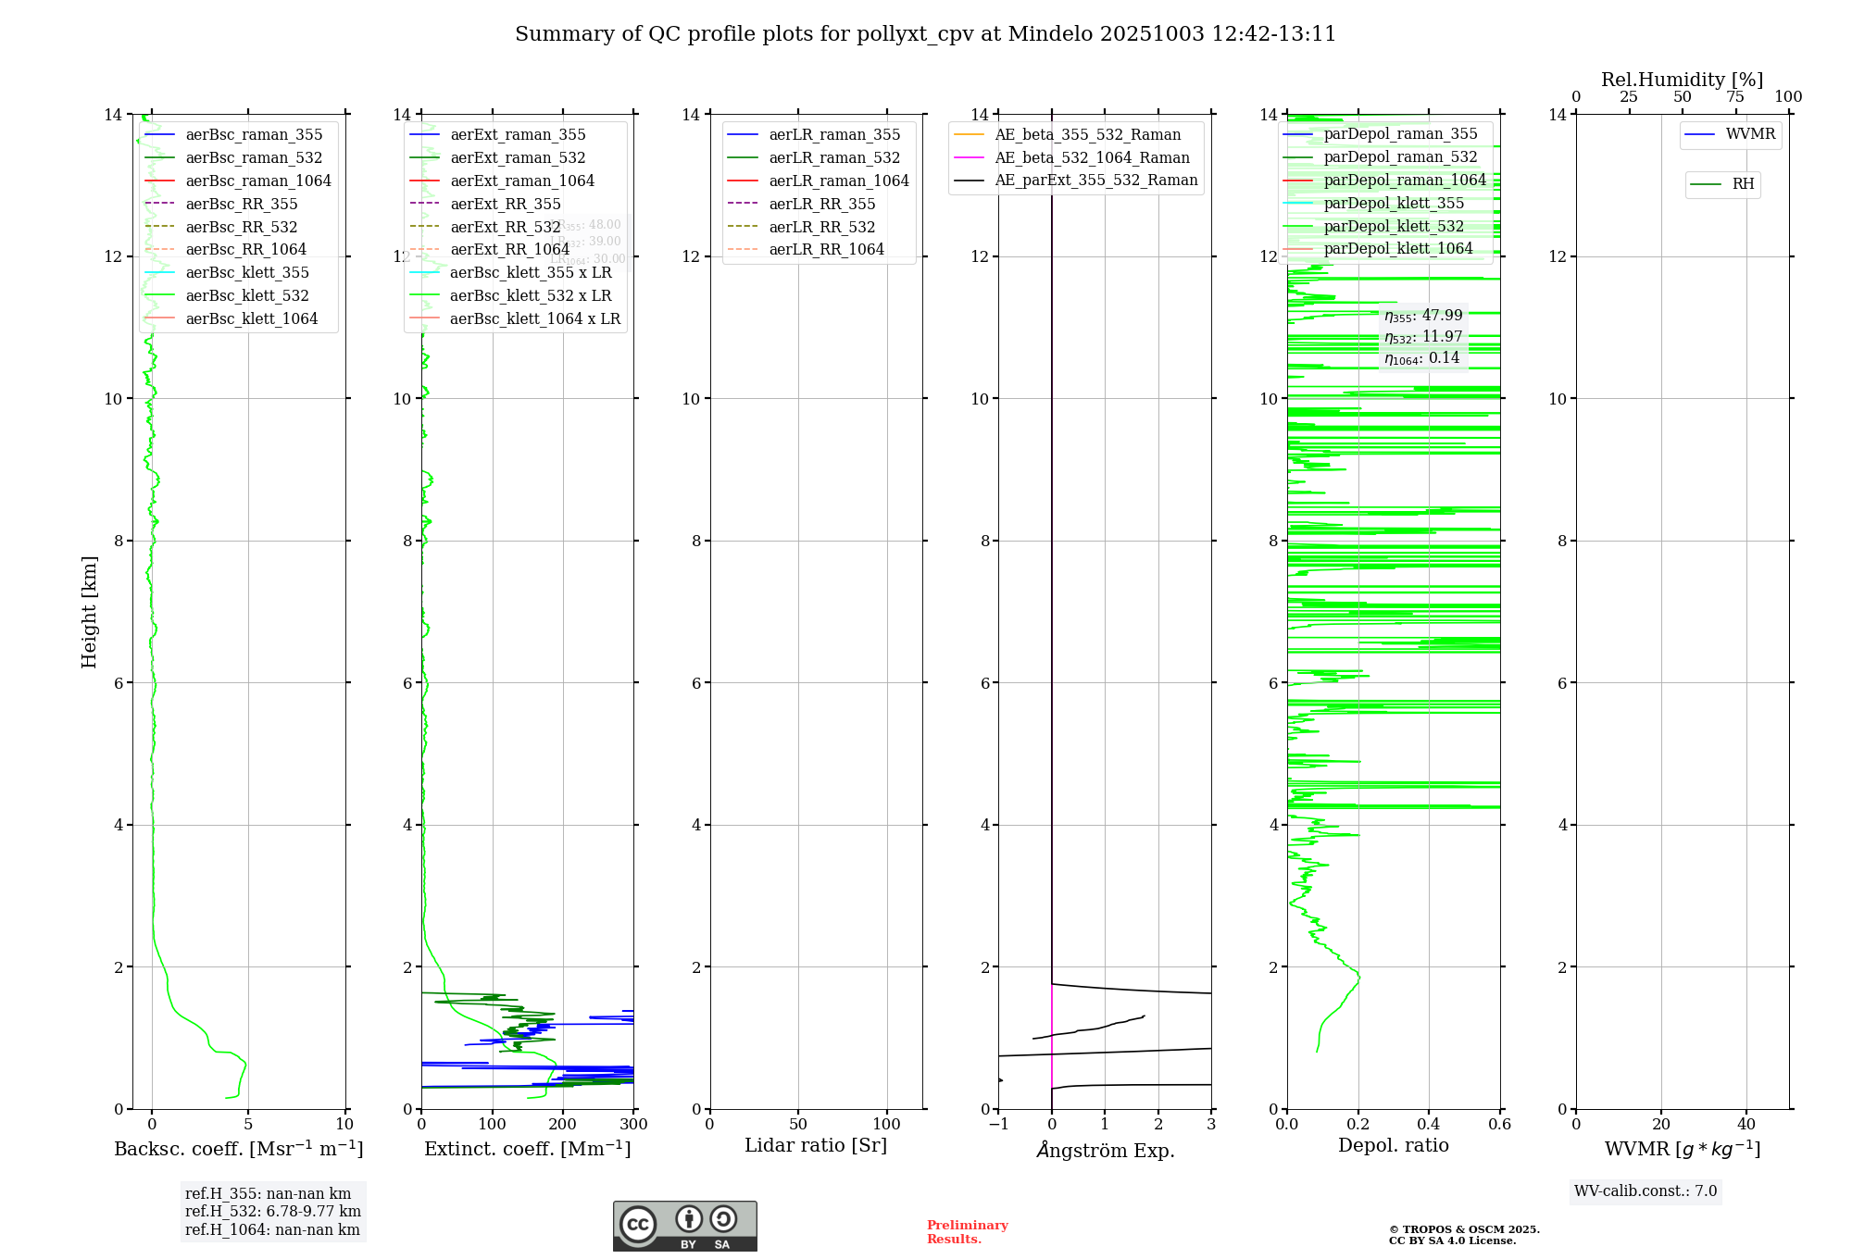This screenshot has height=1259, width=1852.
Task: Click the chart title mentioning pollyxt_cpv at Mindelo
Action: click(x=925, y=34)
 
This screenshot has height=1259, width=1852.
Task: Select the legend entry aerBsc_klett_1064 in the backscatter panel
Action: click(x=251, y=318)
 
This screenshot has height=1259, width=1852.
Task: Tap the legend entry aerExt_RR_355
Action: click(x=505, y=204)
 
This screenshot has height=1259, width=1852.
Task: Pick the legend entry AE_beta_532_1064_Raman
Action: click(x=1092, y=157)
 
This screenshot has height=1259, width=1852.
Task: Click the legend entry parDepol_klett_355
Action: click(x=1394, y=203)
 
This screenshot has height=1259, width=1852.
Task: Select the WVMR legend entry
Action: click(x=1749, y=134)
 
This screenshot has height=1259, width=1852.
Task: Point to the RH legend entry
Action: click(x=1743, y=184)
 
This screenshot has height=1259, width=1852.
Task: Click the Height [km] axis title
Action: click(x=89, y=611)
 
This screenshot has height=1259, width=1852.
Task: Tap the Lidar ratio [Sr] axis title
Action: click(x=816, y=1145)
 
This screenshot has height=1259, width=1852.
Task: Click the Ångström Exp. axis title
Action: click(x=1105, y=1150)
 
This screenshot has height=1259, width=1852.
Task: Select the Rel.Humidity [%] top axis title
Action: click(x=1682, y=80)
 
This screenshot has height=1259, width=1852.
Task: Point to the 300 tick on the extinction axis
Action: click(x=633, y=1125)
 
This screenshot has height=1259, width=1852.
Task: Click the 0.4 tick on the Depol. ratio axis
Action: click(x=1429, y=1125)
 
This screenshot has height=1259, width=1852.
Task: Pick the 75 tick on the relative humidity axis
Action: click(x=1735, y=97)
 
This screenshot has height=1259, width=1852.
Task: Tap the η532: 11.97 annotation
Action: click(x=1423, y=337)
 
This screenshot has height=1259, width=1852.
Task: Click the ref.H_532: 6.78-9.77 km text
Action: click(x=272, y=1211)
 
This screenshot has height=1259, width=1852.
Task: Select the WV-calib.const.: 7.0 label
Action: click(x=1646, y=1190)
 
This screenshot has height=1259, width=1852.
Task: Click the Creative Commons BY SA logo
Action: click(x=684, y=1226)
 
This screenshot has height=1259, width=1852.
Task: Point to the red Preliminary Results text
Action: click(x=967, y=1231)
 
